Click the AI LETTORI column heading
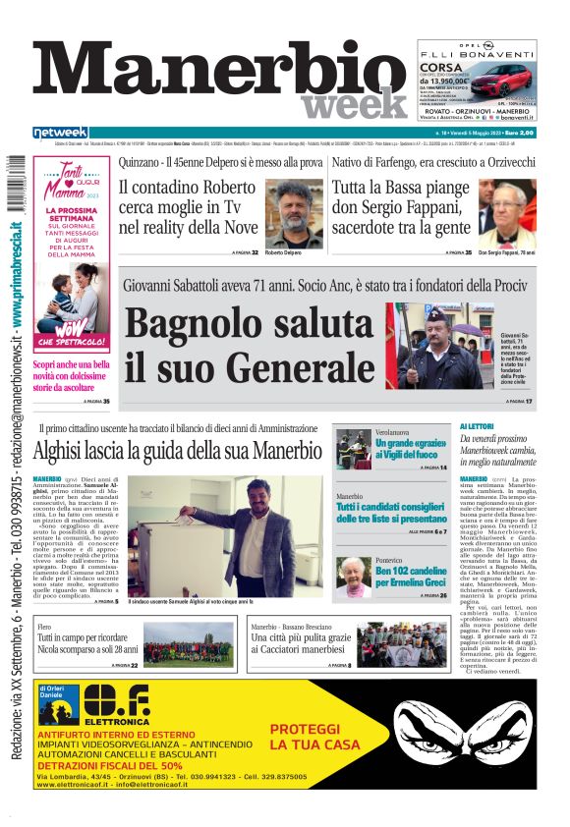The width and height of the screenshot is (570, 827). point(509,426)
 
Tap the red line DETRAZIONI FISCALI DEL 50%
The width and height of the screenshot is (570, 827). point(110,764)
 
